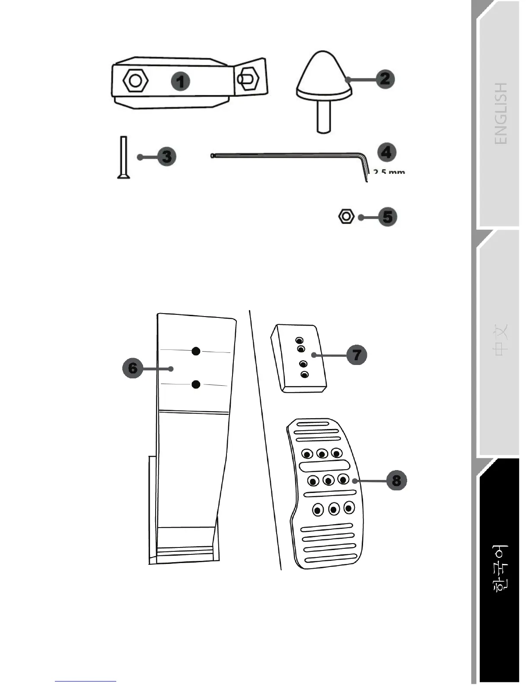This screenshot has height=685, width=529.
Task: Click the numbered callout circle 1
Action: (181, 82)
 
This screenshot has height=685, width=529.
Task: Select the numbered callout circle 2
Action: (385, 79)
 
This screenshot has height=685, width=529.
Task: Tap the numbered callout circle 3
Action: (167, 157)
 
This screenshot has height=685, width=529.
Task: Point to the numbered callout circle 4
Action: (387, 152)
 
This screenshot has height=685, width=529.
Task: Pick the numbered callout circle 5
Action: (388, 217)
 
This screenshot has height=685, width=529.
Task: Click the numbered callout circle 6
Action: (133, 368)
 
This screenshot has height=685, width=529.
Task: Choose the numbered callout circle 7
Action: (357, 355)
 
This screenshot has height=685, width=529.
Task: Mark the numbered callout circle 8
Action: (396, 480)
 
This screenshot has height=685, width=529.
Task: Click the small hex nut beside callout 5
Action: (346, 216)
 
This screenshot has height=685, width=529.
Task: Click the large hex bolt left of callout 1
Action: (136, 80)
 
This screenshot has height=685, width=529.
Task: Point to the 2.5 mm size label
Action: (389, 172)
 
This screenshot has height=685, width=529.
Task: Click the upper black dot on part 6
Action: (196, 351)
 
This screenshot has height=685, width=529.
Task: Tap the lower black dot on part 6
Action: (196, 384)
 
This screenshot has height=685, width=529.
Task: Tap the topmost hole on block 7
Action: (299, 340)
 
